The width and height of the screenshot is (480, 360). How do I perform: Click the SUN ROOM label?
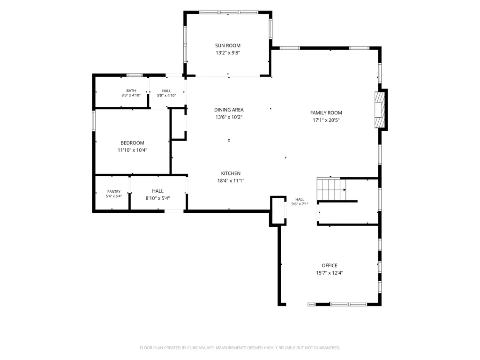pyautogui.click(x=228, y=45)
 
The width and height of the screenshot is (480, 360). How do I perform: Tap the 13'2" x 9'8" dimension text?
pyautogui.click(x=228, y=52)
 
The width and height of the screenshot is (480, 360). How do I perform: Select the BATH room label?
pyautogui.click(x=131, y=90)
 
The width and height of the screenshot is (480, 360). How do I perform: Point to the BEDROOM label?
pyautogui.click(x=132, y=143)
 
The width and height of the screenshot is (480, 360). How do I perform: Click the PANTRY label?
pyautogui.click(x=114, y=192)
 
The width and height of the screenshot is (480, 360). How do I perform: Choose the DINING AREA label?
pyautogui.click(x=229, y=110)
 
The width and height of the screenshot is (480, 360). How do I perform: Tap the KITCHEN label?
pyautogui.click(x=231, y=173)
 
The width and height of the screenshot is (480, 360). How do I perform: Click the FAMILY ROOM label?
pyautogui.click(x=326, y=112)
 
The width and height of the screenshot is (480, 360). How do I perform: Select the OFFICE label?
pyautogui.click(x=330, y=265)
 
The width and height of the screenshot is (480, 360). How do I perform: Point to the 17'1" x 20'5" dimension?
pyautogui.click(x=326, y=120)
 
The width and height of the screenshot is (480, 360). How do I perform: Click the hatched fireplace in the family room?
pyautogui.click(x=379, y=110)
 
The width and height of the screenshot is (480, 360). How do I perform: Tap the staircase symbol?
pyautogui.click(x=331, y=189)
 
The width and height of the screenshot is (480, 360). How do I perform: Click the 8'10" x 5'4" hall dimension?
pyautogui.click(x=157, y=198)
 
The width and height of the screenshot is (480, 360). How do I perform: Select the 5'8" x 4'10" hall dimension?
pyautogui.click(x=166, y=95)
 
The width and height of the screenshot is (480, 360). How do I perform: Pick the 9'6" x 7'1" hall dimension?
pyautogui.click(x=300, y=204)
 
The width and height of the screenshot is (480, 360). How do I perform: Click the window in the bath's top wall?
pyautogui.click(x=135, y=75)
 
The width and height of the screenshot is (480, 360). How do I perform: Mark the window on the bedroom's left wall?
pyautogui.click(x=94, y=120)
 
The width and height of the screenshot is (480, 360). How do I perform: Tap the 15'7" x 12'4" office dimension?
pyautogui.click(x=330, y=273)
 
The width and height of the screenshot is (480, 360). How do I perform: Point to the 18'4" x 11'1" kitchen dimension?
pyautogui.click(x=231, y=180)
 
